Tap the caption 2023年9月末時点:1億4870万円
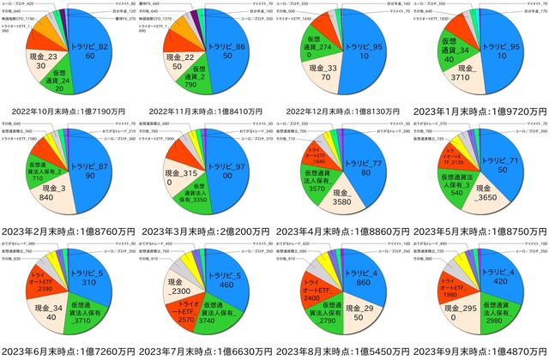point(481,351)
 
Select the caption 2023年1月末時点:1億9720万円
point(481,111)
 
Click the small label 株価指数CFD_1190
point(18,18)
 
